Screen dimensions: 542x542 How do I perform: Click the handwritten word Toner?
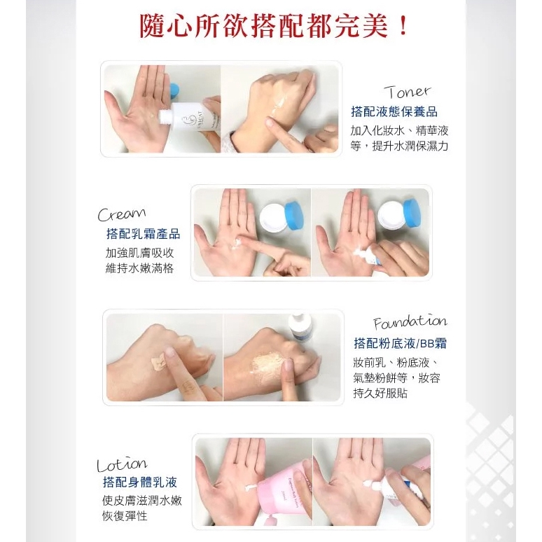(x=408, y=92)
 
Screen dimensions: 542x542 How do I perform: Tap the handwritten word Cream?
(x=122, y=214)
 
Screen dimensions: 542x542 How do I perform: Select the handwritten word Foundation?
(x=410, y=322)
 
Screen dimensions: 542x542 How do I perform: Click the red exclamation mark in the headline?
(x=403, y=26)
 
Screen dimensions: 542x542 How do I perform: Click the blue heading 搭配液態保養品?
(x=394, y=111)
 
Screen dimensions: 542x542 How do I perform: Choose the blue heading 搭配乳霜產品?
(x=143, y=234)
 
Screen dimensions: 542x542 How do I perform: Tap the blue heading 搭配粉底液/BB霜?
(x=401, y=343)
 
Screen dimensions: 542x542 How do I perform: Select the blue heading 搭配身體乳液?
(x=140, y=482)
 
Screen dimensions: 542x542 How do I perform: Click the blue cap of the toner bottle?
(x=175, y=90)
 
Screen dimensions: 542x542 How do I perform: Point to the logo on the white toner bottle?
(x=187, y=123)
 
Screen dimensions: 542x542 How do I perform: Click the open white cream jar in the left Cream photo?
(x=273, y=217)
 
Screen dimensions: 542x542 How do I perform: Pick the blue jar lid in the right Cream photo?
(x=411, y=213)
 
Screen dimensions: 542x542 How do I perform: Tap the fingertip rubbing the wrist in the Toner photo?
(x=270, y=123)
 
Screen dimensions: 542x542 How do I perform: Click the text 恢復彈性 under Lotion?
(x=125, y=516)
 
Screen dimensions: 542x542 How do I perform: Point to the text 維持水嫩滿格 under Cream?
(x=139, y=268)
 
